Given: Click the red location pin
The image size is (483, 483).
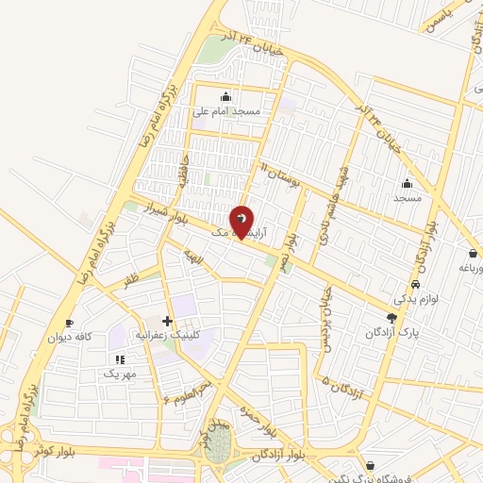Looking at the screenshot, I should pos(241,221).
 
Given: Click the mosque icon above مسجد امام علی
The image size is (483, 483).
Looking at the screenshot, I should pos(225,96).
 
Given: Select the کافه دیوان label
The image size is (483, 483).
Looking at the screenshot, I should pos(72,337).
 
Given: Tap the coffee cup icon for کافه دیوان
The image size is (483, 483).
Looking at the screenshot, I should pos(69,323).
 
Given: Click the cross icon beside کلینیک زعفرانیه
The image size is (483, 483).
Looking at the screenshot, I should pos(167,321).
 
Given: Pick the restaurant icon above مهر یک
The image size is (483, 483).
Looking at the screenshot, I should pos(119,359).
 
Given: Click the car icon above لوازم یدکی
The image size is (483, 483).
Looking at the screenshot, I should pos(415,284).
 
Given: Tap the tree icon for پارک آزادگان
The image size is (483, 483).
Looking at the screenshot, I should pos(391,318).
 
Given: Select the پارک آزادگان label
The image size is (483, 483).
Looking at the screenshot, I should pos(390,333).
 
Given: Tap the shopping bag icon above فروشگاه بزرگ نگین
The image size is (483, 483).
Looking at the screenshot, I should pos(371,465).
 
